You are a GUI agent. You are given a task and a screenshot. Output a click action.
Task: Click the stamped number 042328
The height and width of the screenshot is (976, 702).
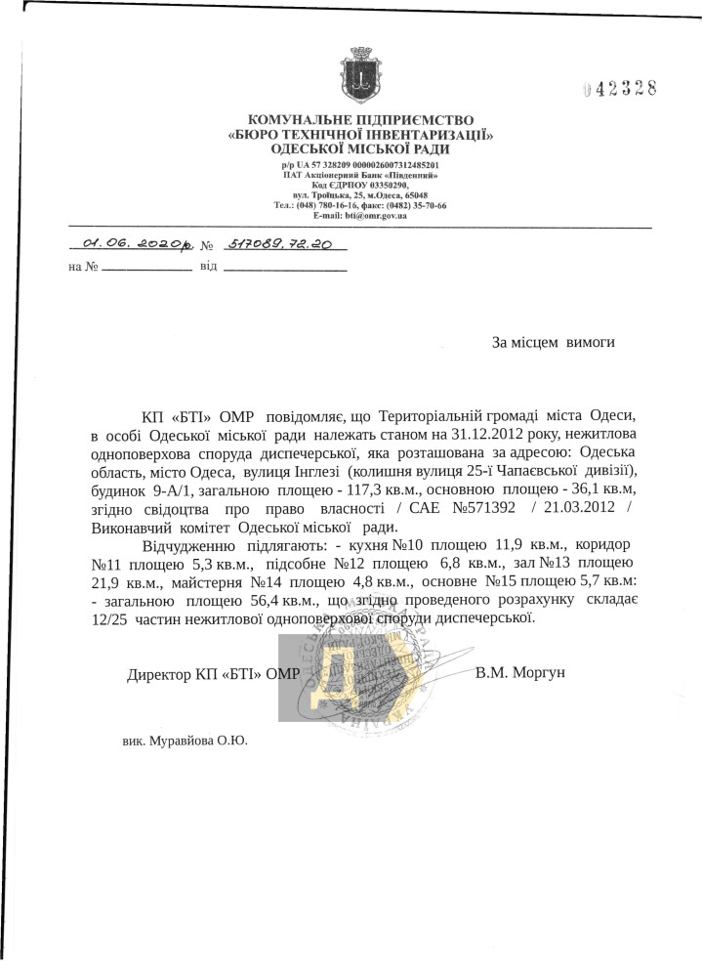[619, 89]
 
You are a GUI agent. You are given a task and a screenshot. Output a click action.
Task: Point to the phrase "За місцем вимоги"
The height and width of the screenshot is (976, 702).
[554, 343]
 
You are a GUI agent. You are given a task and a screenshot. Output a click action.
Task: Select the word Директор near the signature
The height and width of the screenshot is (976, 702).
[160, 674]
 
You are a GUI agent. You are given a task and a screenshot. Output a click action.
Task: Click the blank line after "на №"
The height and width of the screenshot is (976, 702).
[147, 268]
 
